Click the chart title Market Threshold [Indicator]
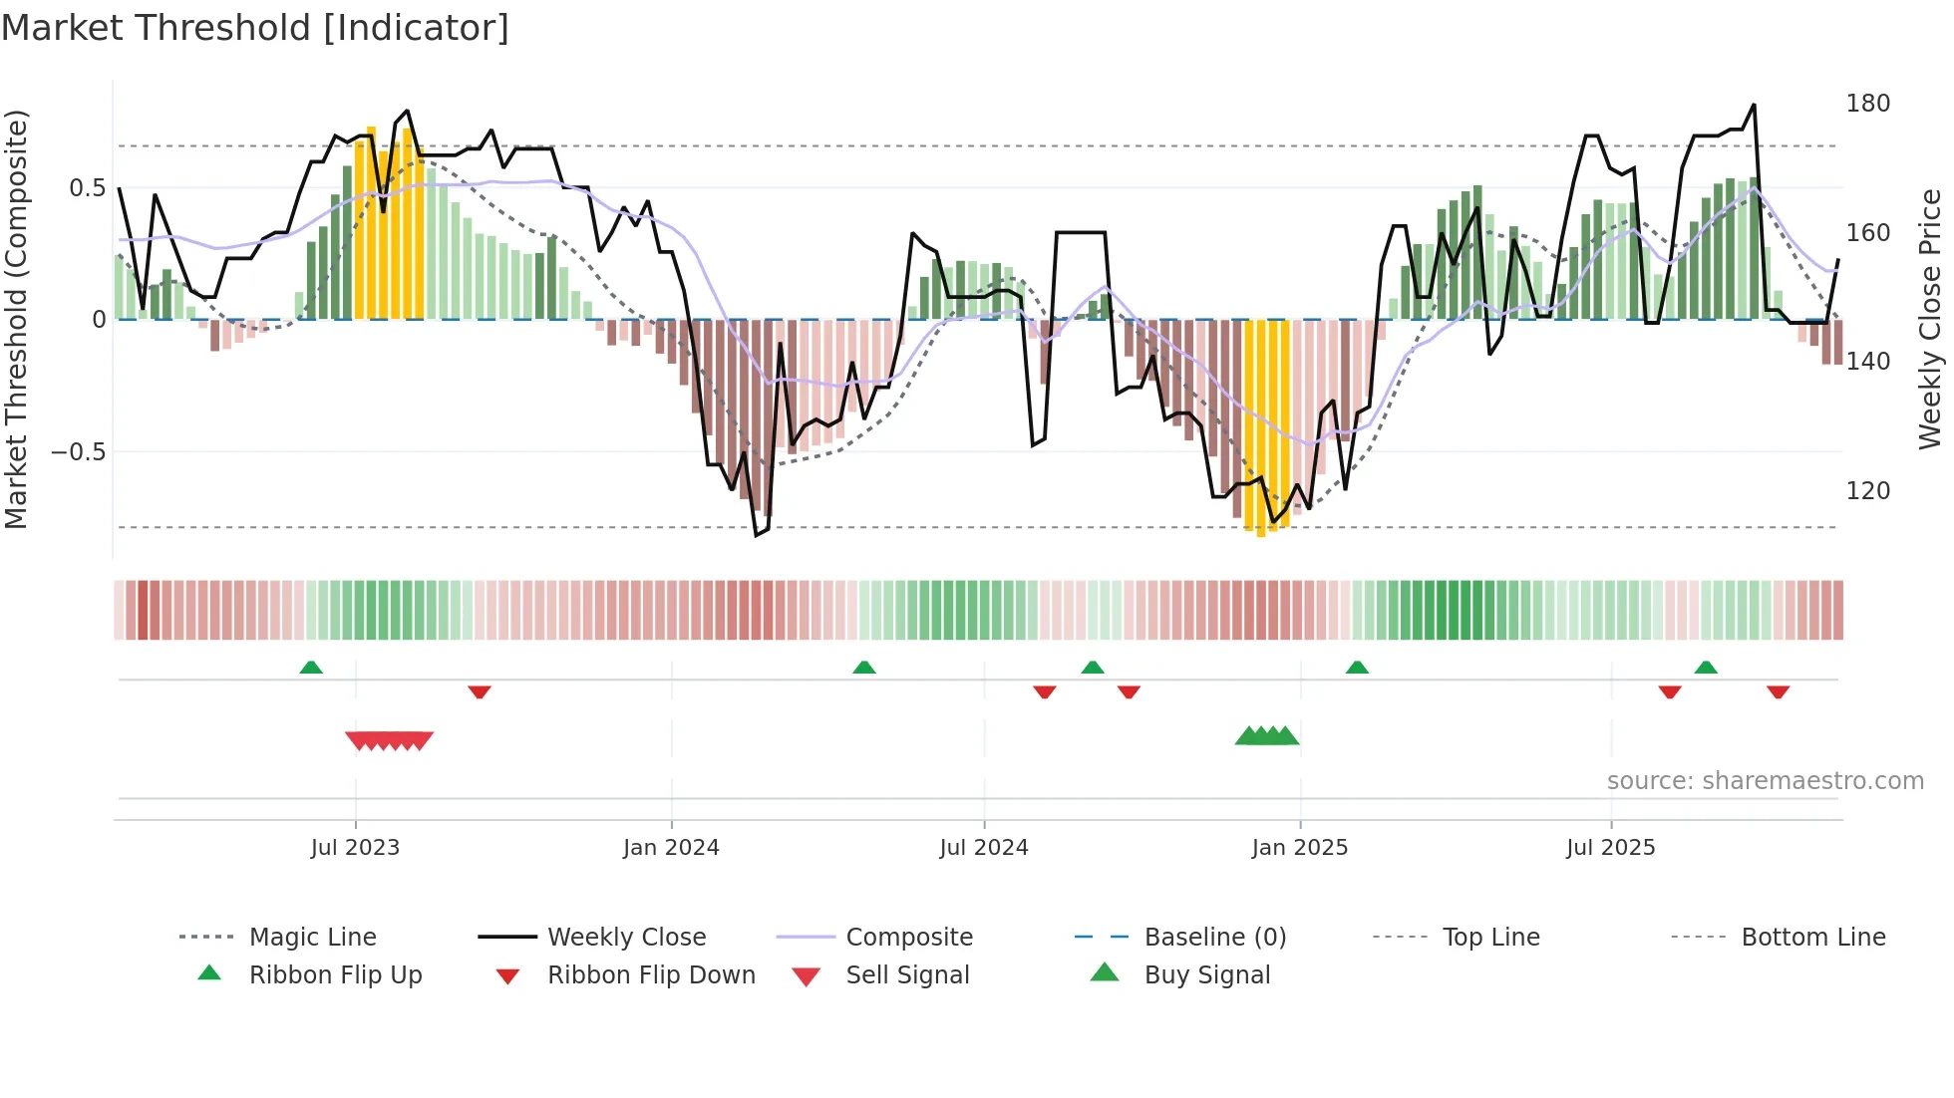point(255,28)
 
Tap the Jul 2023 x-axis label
point(355,848)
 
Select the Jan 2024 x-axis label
point(671,848)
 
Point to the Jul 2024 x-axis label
point(984,848)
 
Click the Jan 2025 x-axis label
point(1300,848)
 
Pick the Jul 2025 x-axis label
point(1611,848)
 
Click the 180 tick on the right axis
point(1867,104)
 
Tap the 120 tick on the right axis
point(1867,491)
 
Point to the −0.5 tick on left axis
point(79,452)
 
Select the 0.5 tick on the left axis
point(87,188)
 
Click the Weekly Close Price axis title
point(1930,319)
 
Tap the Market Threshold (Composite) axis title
point(16,319)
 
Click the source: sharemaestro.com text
point(1765,781)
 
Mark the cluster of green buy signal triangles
point(1267,736)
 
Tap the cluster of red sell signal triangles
point(389,740)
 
